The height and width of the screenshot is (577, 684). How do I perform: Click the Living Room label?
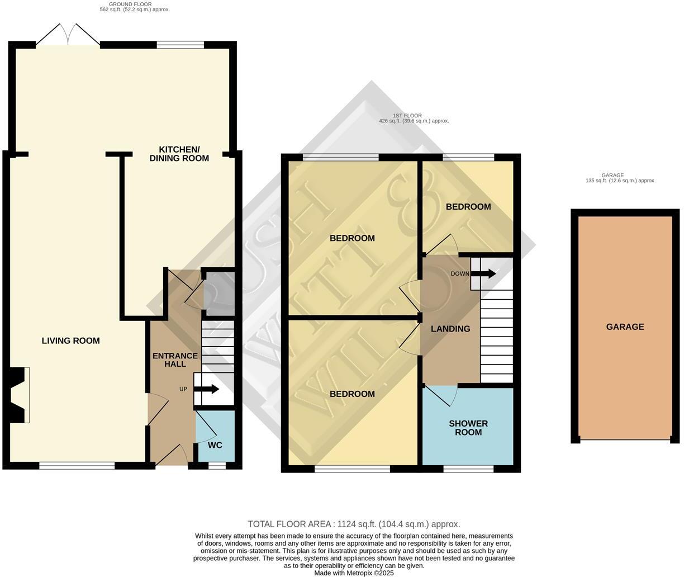click(70, 340)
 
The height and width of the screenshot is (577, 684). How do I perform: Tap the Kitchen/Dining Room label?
click(179, 154)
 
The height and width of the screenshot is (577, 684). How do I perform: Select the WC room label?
click(215, 445)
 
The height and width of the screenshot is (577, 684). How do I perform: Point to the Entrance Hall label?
click(175, 360)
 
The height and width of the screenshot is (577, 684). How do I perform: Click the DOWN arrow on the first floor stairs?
click(483, 273)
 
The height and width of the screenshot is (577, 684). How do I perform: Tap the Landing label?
click(450, 329)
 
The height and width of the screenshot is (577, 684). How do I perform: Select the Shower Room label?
click(468, 428)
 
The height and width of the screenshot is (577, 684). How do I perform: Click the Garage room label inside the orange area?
click(625, 327)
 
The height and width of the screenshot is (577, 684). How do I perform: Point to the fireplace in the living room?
click(20, 395)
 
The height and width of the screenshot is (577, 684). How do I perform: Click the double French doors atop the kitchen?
click(68, 35)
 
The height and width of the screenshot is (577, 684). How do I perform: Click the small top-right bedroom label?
click(468, 207)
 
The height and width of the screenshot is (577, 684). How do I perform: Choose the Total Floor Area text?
click(354, 524)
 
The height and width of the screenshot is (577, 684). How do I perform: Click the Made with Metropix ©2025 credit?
click(354, 573)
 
